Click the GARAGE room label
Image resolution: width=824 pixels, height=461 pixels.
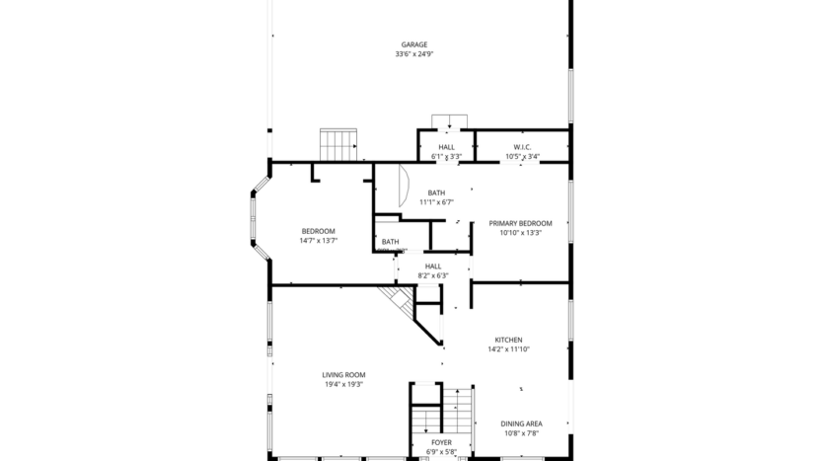click(413, 44)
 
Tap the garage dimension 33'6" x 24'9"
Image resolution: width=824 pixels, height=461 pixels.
click(413, 54)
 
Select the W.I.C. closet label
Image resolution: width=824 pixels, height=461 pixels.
click(522, 147)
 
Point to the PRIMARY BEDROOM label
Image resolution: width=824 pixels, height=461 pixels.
click(520, 223)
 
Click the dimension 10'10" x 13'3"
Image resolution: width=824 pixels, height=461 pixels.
click(520, 233)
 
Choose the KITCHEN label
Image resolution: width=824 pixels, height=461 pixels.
click(508, 340)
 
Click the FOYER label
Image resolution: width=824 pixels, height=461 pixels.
click(441, 443)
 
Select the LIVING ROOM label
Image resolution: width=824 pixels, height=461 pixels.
click(343, 374)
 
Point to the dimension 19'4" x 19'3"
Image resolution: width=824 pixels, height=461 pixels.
click(343, 384)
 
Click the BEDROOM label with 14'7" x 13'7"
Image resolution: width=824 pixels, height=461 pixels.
click(318, 231)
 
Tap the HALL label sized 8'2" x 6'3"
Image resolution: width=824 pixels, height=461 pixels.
click(433, 266)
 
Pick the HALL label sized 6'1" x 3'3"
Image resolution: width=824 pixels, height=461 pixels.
click(447, 147)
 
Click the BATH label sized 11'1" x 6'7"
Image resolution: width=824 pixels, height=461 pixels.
click(436, 192)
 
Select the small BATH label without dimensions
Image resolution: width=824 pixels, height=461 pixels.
click(391, 242)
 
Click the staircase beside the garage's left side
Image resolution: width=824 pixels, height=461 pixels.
click(338, 144)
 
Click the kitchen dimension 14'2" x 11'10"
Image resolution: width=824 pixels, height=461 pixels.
click(508, 349)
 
